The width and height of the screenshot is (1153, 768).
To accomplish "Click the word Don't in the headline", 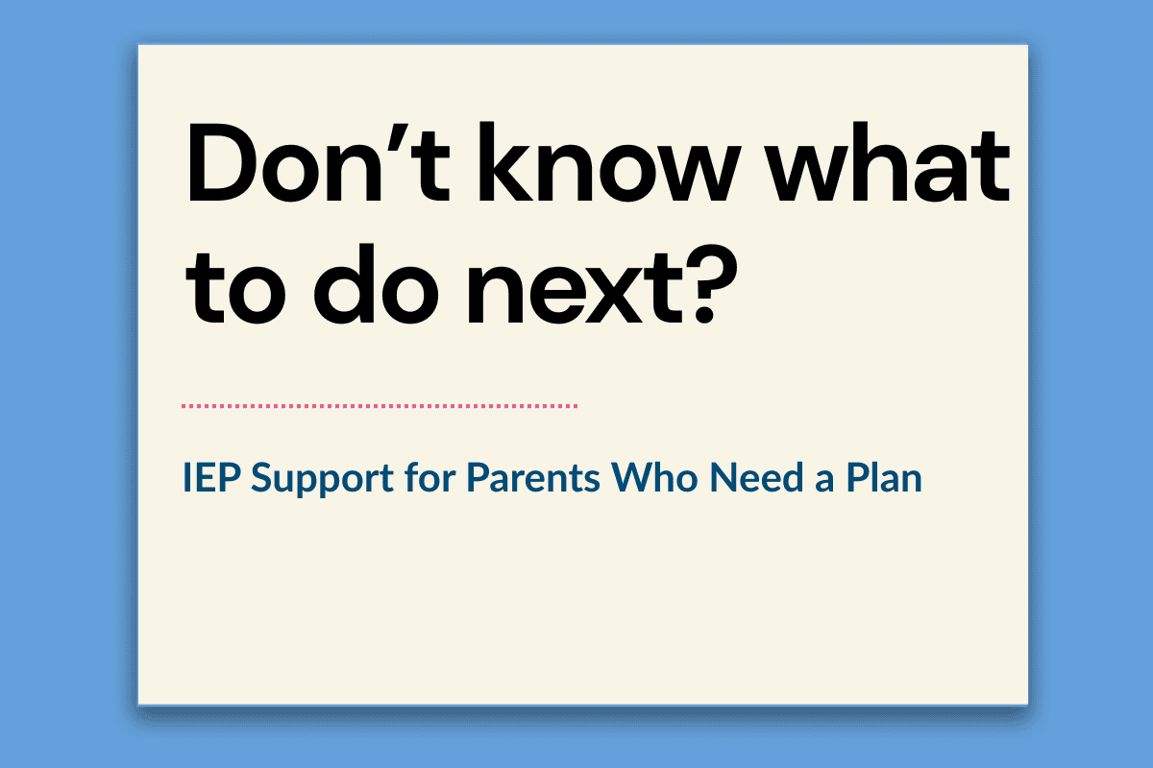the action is coord(319,162).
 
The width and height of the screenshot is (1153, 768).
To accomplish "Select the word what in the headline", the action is coord(891,161).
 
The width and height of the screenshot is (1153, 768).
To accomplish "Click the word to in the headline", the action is coord(235,286).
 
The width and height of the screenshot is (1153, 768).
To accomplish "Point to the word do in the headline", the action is coord(377,284).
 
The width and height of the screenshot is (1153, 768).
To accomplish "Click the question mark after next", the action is coord(711,284).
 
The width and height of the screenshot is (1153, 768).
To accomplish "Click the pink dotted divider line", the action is coord(380,406).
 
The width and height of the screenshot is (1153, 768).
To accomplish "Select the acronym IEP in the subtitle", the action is coord(212,477).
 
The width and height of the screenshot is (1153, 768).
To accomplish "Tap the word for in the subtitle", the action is coord(429,476).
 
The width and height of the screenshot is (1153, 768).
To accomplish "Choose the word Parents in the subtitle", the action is coord(533,477).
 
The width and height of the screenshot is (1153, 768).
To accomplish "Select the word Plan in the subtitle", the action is coord(884,476).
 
